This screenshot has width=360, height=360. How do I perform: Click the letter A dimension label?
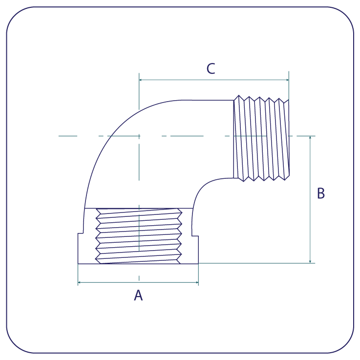tap(138, 295)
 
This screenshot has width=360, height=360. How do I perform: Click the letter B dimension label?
tap(321, 193)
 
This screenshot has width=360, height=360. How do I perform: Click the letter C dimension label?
tap(211, 68)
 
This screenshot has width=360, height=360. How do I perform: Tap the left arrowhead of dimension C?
tap(140, 80)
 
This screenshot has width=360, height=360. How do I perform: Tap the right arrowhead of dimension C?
tap(287, 80)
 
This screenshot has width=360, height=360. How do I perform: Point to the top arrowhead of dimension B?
tap(310, 138)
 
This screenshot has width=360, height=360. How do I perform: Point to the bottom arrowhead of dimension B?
tap(310, 261)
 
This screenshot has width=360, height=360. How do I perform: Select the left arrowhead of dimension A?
tap(80, 282)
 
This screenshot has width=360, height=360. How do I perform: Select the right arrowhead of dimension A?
tap(197, 282)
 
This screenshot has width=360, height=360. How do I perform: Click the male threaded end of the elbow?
tap(261, 138)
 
